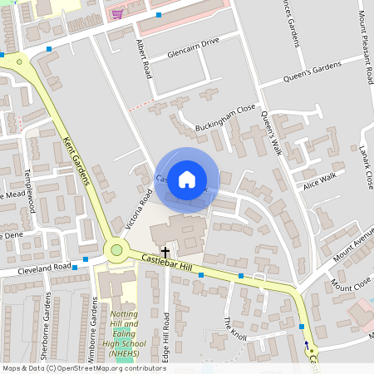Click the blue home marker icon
(x=187, y=180)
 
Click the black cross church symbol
(x=165, y=251)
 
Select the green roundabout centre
(x=116, y=249)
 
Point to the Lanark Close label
(x=366, y=165)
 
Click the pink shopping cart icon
(x=117, y=13)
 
